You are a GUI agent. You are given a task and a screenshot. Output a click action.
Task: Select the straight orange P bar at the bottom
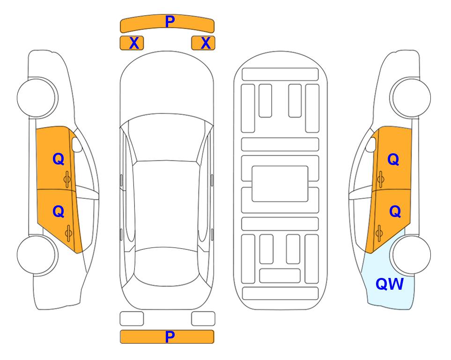(x=167, y=337)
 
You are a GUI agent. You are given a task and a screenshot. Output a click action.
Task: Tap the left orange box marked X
(x=132, y=43)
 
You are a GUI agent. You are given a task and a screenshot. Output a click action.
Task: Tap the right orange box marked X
(x=203, y=43)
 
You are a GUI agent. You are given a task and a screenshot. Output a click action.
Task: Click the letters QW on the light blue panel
(x=390, y=284)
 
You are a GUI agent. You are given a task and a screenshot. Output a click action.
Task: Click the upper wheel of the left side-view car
(x=37, y=97)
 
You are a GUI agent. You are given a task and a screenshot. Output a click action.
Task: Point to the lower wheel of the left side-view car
(x=37, y=255)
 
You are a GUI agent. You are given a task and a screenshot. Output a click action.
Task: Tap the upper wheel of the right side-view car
(x=410, y=97)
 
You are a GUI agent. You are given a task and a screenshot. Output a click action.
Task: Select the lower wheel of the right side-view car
(x=410, y=255)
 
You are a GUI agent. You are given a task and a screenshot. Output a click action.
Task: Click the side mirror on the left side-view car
(x=76, y=144)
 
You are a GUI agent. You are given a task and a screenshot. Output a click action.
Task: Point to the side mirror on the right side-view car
(x=371, y=144)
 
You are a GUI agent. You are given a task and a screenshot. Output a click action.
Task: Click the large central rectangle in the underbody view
(x=280, y=184)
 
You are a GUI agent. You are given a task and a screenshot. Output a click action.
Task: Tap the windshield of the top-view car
(x=166, y=138)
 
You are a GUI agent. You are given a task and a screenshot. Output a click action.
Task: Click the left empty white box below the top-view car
(x=132, y=319)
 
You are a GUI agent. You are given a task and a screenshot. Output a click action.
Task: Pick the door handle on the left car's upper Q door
(x=67, y=179)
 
